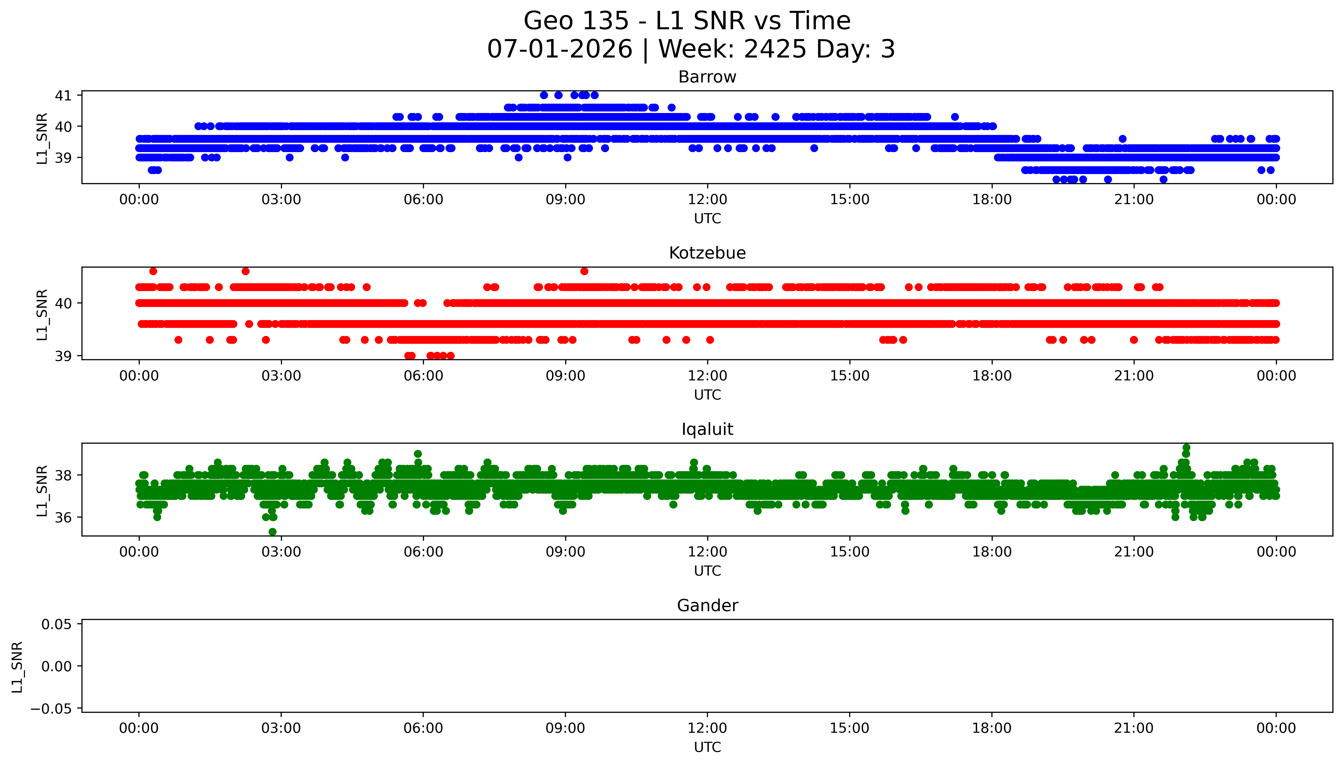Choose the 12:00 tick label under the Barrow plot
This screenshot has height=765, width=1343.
[x=707, y=200]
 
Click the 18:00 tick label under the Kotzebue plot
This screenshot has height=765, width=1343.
[x=992, y=376]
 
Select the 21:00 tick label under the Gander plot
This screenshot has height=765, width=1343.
[x=1134, y=728]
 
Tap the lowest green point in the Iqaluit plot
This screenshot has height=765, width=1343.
[x=273, y=532]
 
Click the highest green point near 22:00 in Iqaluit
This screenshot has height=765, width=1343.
[x=1186, y=448]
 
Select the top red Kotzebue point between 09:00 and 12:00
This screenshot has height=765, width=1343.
[x=584, y=271]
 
